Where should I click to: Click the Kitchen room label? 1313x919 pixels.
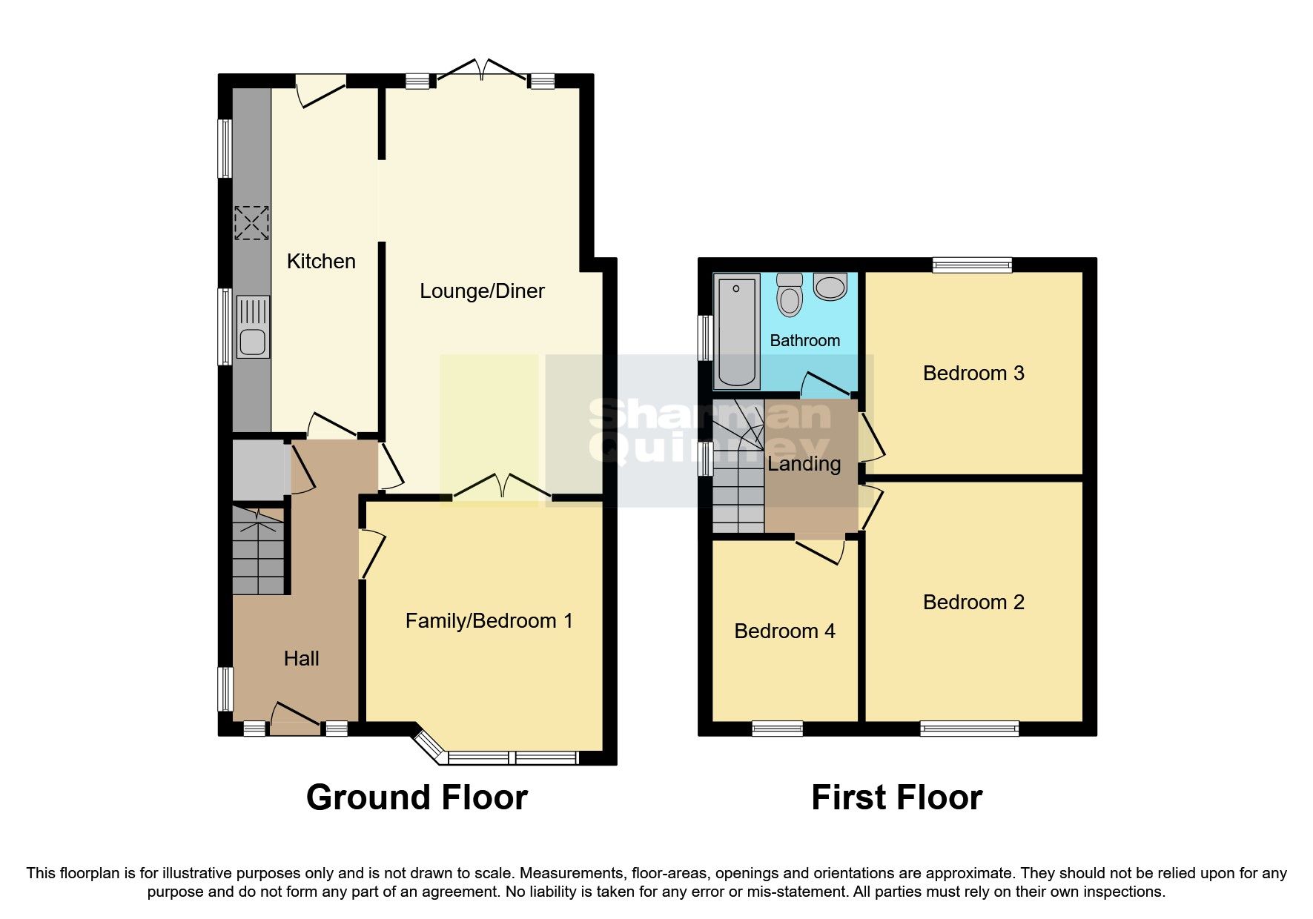point(321,261)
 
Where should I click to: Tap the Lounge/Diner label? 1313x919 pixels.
point(482,291)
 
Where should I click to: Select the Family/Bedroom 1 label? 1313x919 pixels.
point(489,620)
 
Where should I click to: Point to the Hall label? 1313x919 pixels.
point(301,658)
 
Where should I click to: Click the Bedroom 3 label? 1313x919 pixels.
point(973,373)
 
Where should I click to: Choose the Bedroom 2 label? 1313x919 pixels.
point(973,602)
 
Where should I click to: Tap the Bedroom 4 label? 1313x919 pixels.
point(784,631)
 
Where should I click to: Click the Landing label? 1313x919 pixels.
point(804,464)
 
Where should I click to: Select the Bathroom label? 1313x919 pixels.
point(804,340)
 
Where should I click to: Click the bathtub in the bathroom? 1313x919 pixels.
point(736,331)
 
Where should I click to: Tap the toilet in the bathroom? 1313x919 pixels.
point(790,295)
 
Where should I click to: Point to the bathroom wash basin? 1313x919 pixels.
point(830,286)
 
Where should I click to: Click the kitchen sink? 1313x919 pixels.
point(252,328)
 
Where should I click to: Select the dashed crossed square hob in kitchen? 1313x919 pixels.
point(251,223)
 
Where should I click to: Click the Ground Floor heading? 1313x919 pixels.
point(417,797)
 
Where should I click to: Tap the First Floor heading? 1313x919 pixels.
point(896,797)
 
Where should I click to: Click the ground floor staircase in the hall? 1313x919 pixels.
point(258,551)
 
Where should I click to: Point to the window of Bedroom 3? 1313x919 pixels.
point(972,265)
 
